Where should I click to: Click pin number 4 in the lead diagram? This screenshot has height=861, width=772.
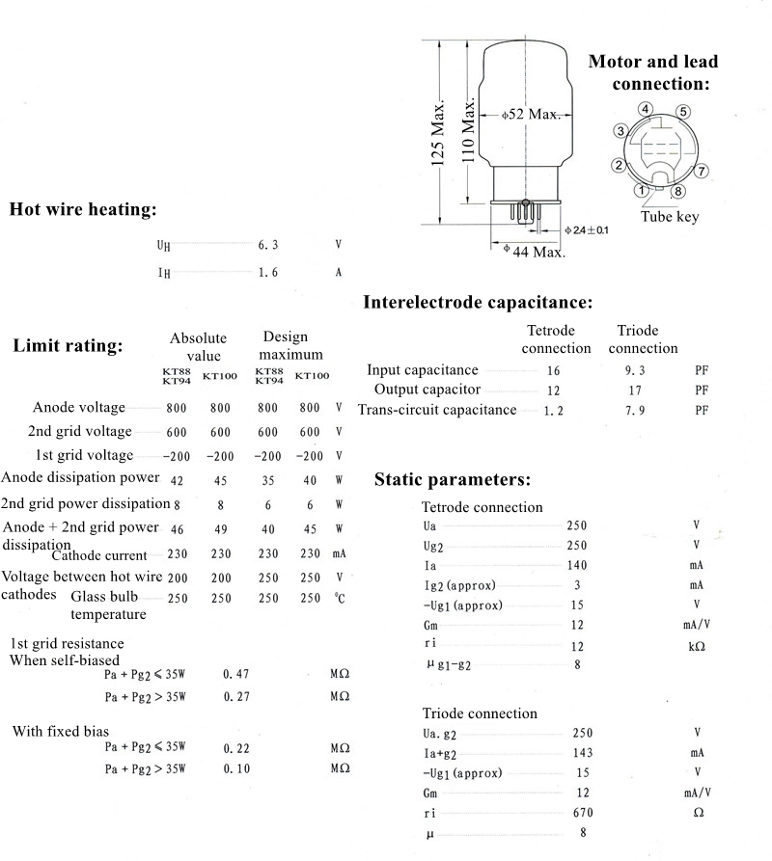pyautogui.click(x=645, y=109)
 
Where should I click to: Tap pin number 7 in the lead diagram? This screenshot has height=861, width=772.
pyautogui.click(x=703, y=171)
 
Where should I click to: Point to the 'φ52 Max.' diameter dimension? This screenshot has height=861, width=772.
pyautogui.click(x=531, y=114)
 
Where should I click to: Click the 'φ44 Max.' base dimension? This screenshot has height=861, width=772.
pyautogui.click(x=535, y=252)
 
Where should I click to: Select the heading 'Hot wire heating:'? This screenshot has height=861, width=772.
pyautogui.click(x=82, y=209)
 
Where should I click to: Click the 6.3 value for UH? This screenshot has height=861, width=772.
pyautogui.click(x=267, y=246)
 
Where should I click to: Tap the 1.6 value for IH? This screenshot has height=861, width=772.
pyautogui.click(x=267, y=273)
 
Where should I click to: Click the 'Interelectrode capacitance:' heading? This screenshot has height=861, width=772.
pyautogui.click(x=478, y=303)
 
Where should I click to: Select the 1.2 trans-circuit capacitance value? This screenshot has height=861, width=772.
pyautogui.click(x=554, y=411)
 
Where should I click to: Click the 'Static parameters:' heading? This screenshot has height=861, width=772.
pyautogui.click(x=452, y=479)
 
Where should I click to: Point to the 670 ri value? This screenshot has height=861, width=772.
pyautogui.click(x=582, y=813)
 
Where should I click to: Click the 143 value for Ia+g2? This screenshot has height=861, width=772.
pyautogui.click(x=582, y=753)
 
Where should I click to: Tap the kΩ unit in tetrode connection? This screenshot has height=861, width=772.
pyautogui.click(x=696, y=646)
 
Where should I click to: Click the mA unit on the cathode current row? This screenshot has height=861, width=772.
pyautogui.click(x=339, y=554)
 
